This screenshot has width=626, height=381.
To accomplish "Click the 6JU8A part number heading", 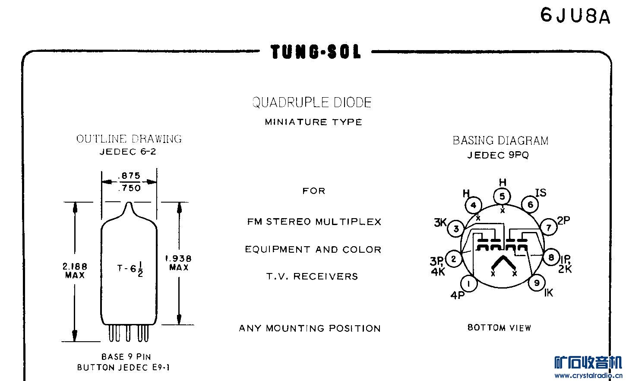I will [575, 16].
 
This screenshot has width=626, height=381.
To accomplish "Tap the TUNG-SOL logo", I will [316, 52].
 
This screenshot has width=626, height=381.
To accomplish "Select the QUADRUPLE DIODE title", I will [312, 102].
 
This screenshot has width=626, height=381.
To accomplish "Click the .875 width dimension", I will [129, 176].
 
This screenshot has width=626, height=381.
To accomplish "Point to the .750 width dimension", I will [129, 188].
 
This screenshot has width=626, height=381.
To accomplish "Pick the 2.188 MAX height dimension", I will [75, 270].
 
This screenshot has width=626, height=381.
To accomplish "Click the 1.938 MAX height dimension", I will [179, 263].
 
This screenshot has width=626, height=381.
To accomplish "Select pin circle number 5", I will [502, 197].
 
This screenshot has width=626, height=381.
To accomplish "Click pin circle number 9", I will [537, 283].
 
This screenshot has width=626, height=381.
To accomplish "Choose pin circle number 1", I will [469, 284].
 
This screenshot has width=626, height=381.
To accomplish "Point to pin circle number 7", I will [549, 227].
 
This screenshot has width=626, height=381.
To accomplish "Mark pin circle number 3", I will [456, 229].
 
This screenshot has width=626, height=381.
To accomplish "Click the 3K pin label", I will [440, 222].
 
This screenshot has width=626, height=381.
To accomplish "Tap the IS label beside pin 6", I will [541, 193].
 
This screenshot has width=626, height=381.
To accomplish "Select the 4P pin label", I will [458, 295].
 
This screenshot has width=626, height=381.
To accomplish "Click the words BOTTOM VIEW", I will [499, 328].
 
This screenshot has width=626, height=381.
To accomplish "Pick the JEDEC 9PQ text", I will [498, 155].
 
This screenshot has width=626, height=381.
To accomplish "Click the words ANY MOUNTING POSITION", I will [310, 328].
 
